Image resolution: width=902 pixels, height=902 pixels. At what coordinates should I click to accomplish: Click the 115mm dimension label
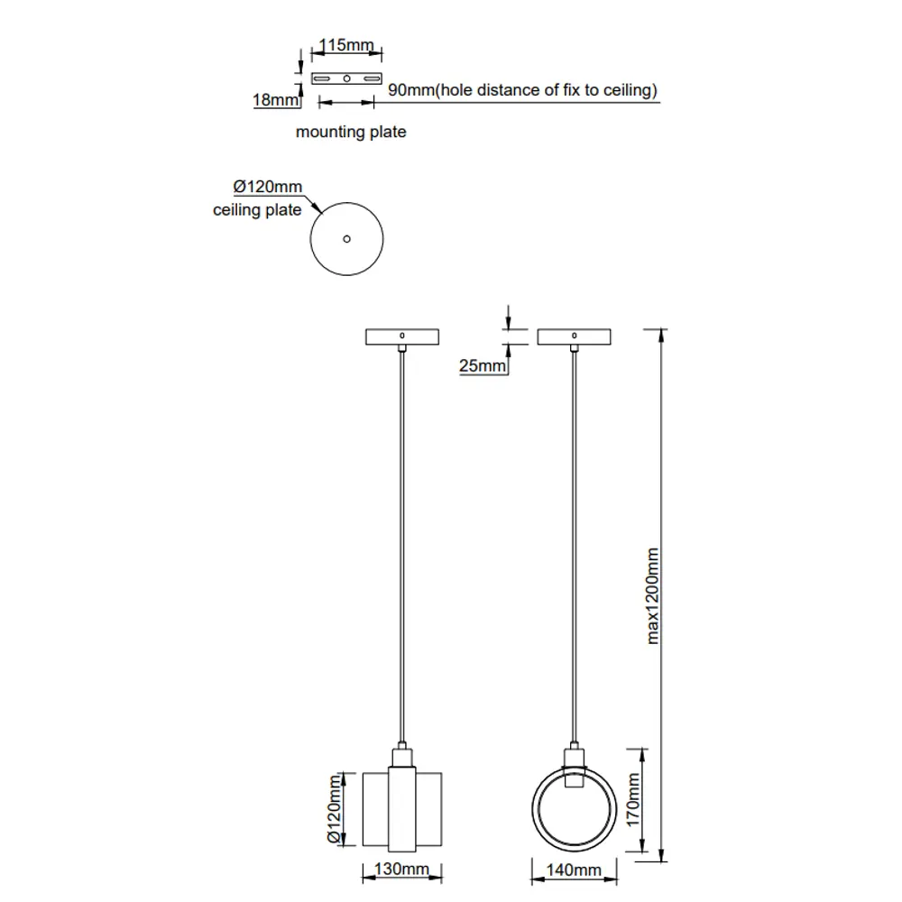(x=346, y=45)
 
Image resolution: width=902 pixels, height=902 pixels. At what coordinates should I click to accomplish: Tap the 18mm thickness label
(x=275, y=99)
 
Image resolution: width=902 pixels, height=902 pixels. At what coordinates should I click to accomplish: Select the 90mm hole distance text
(x=522, y=90)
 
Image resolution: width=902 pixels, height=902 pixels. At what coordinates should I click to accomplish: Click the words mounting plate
(x=351, y=132)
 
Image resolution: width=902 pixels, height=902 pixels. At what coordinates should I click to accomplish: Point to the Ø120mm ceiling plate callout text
(x=268, y=187)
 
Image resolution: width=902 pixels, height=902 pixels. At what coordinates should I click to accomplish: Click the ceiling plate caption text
(x=257, y=210)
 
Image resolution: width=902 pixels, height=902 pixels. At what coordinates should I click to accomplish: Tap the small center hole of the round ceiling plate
(x=347, y=239)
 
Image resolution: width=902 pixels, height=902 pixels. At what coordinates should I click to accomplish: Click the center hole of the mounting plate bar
(x=347, y=78)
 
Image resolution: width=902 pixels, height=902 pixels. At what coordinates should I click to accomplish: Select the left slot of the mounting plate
(x=322, y=78)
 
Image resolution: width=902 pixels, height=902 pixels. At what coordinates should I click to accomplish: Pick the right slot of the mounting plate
(x=373, y=78)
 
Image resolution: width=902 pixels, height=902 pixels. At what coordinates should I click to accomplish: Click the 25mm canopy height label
(x=482, y=365)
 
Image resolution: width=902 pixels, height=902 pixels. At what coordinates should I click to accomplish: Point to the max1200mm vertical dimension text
(x=652, y=596)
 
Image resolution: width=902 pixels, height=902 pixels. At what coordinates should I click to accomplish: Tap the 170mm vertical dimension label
(x=633, y=799)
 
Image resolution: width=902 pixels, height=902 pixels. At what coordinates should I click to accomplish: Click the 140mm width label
(x=574, y=870)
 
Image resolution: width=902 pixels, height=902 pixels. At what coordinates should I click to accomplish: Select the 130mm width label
(x=401, y=869)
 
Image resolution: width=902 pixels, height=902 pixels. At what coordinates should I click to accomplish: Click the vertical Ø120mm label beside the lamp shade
(x=335, y=809)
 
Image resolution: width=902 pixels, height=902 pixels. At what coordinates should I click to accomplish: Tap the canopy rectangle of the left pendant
(x=402, y=336)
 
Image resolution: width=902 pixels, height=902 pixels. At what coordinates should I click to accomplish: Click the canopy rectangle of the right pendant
(x=574, y=336)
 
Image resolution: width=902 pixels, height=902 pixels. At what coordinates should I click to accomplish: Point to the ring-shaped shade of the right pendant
(x=534, y=809)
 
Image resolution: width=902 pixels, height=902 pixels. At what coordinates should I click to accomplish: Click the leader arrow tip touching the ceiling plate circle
(x=322, y=214)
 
